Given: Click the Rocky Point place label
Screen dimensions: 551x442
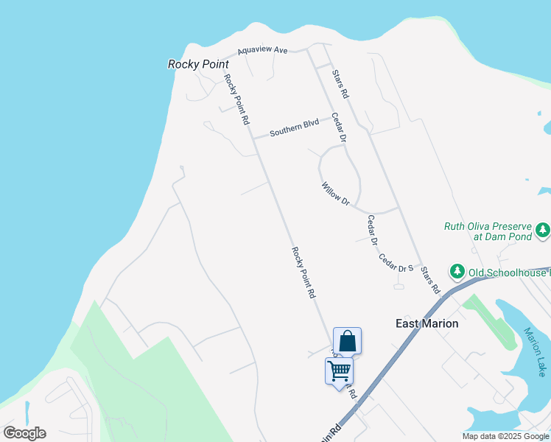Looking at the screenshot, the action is coord(198,64).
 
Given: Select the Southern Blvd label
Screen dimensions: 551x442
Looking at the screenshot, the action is coord(294,127).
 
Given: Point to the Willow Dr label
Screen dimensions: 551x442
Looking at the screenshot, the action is coord(334,193).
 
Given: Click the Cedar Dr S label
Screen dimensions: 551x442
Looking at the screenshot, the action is coord(396,263).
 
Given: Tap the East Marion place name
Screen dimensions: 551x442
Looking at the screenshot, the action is coord(427,323).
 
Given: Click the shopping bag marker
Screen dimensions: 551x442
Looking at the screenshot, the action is coord(348,342).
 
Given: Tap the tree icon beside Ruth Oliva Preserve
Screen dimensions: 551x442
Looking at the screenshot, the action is coord(543,230).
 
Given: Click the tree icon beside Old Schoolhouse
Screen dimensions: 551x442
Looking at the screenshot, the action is coord(457,272).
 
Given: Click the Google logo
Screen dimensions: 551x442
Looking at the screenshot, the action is coord(24,433).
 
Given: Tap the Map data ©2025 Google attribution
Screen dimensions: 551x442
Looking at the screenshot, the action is coord(505,436).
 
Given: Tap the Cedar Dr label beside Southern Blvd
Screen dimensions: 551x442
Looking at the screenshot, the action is coord(337,127).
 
